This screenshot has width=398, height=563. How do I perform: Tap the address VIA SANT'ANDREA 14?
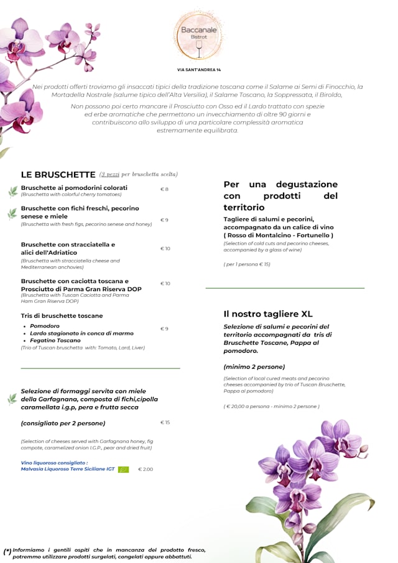(198, 70)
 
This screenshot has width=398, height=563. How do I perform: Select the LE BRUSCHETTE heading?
(58, 175)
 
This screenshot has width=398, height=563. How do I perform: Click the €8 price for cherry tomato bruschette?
(164, 189)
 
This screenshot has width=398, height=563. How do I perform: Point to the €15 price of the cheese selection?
(165, 422)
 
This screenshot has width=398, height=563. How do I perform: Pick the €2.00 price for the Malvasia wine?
(146, 469)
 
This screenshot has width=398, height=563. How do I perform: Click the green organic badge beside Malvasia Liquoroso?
(123, 469)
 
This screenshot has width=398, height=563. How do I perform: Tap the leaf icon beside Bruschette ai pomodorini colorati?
(12, 191)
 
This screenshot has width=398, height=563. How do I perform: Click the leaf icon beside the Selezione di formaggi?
(12, 399)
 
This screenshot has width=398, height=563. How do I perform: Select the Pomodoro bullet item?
(45, 326)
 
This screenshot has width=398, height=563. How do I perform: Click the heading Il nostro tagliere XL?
(268, 314)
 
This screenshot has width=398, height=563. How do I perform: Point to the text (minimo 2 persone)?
(254, 366)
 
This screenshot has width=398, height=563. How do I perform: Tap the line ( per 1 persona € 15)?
(247, 264)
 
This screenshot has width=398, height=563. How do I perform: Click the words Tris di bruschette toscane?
(62, 315)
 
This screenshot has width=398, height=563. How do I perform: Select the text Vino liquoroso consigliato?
(54, 462)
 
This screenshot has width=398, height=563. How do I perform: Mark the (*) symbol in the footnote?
(7, 551)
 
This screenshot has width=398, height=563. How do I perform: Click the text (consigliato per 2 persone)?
(63, 423)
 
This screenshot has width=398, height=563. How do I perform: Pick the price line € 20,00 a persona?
(271, 406)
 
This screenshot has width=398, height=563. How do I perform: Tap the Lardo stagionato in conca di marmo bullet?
(81, 333)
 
